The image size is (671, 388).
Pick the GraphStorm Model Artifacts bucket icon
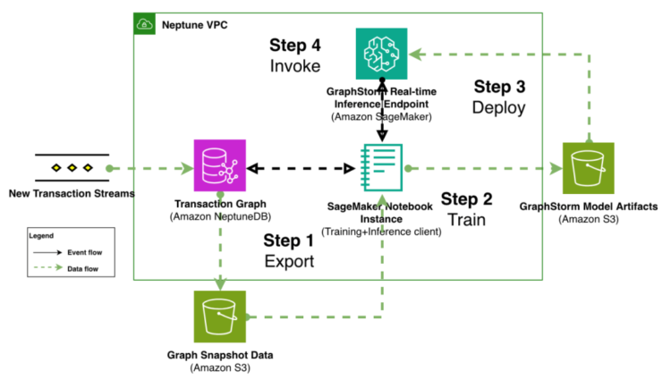588,167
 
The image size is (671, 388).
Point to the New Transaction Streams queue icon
72,167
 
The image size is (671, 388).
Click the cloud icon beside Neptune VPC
145,24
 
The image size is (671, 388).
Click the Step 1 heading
289,240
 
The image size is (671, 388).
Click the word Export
289,262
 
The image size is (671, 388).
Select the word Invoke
296,67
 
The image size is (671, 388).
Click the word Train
467,219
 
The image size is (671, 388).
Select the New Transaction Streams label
67,193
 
